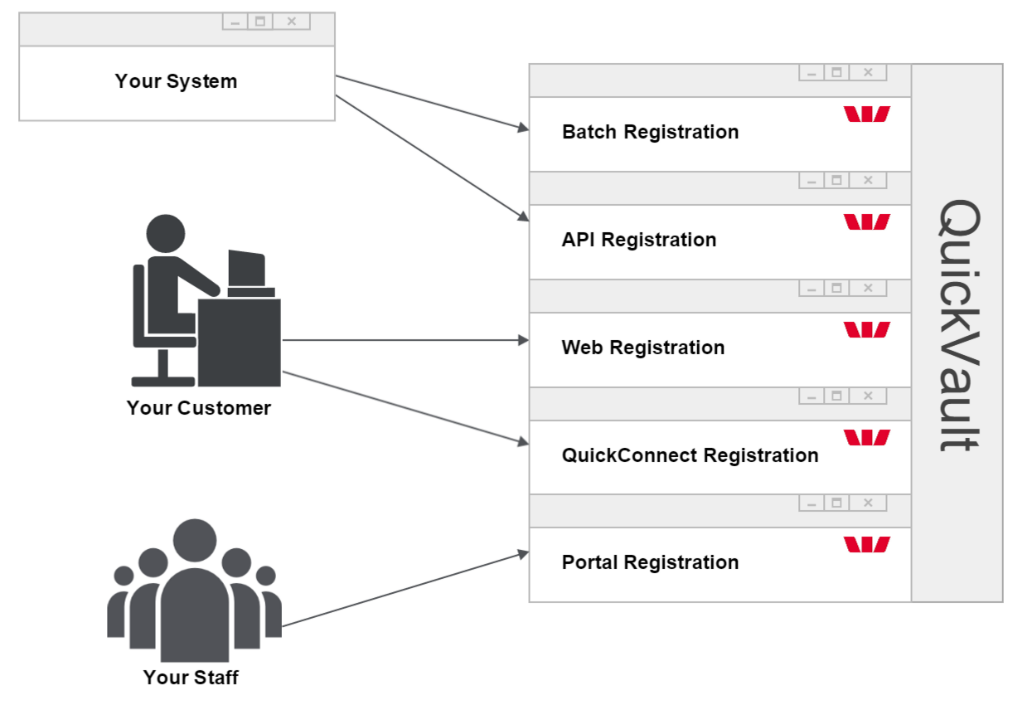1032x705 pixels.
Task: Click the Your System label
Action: coord(176,81)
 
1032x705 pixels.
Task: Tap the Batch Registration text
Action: coord(650,132)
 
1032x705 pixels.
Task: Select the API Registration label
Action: coord(638,240)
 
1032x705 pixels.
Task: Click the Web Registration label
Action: coord(642,348)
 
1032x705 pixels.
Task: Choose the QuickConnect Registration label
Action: coord(690,455)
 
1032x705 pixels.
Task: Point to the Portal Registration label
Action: coord(650,562)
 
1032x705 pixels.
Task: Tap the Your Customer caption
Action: coord(198,408)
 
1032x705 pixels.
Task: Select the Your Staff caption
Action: coord(191,678)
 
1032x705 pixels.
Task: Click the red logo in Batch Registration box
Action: coord(866,114)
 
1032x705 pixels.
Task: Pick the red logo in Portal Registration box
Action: coord(866,545)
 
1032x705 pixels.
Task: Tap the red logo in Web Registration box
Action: coord(866,330)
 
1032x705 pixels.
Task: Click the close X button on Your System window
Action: coord(292,22)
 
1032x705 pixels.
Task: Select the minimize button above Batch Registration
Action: coord(812,73)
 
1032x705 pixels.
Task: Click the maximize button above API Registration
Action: coord(837,180)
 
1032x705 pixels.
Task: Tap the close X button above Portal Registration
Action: coord(868,503)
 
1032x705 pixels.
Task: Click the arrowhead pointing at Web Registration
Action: coord(523,340)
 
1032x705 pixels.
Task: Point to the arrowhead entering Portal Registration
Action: coord(523,553)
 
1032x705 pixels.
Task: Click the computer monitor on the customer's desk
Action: coord(247,270)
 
